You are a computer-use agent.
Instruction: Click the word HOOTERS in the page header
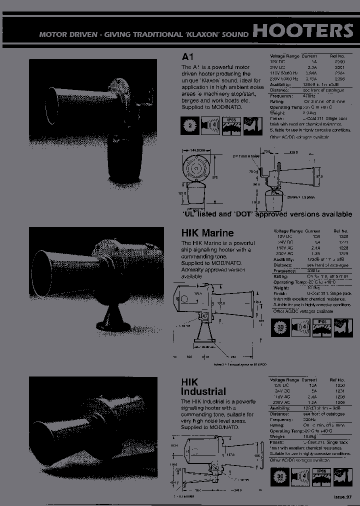click(x=303, y=30)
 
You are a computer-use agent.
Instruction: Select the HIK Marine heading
click(x=207, y=232)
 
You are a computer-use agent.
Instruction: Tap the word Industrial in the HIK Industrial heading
click(x=203, y=391)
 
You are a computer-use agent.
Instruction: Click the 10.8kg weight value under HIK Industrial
click(x=313, y=436)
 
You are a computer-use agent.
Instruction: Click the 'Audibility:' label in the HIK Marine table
click(x=283, y=259)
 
